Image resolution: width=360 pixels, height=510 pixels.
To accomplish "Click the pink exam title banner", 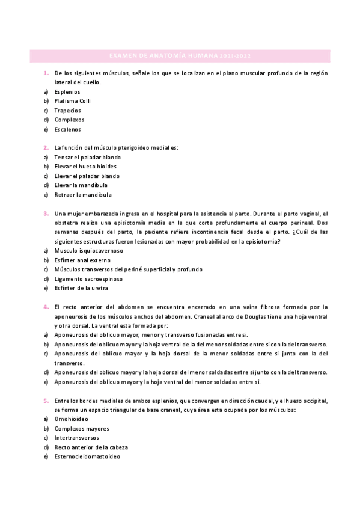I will click(x=180, y=56).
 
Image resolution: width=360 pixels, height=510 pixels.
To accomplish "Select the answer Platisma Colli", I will click(x=72, y=101).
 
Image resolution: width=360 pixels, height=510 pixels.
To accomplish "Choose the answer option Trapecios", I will click(x=67, y=111).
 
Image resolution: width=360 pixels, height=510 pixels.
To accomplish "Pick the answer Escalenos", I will click(x=67, y=129).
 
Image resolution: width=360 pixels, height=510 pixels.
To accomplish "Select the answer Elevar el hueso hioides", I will click(x=85, y=167).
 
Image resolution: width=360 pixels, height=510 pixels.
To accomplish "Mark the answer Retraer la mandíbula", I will click(x=82, y=195).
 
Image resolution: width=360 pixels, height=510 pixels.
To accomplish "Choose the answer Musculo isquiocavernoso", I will click(x=88, y=250).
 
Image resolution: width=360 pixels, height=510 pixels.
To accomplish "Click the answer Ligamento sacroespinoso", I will click(x=88, y=278).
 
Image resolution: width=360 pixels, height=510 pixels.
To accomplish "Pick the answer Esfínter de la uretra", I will click(x=81, y=288).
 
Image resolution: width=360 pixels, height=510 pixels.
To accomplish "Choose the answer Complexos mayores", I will click(x=81, y=429).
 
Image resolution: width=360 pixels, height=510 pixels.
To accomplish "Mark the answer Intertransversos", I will click(x=76, y=438).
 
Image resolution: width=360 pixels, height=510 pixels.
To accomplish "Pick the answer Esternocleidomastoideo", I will click(x=87, y=457).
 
